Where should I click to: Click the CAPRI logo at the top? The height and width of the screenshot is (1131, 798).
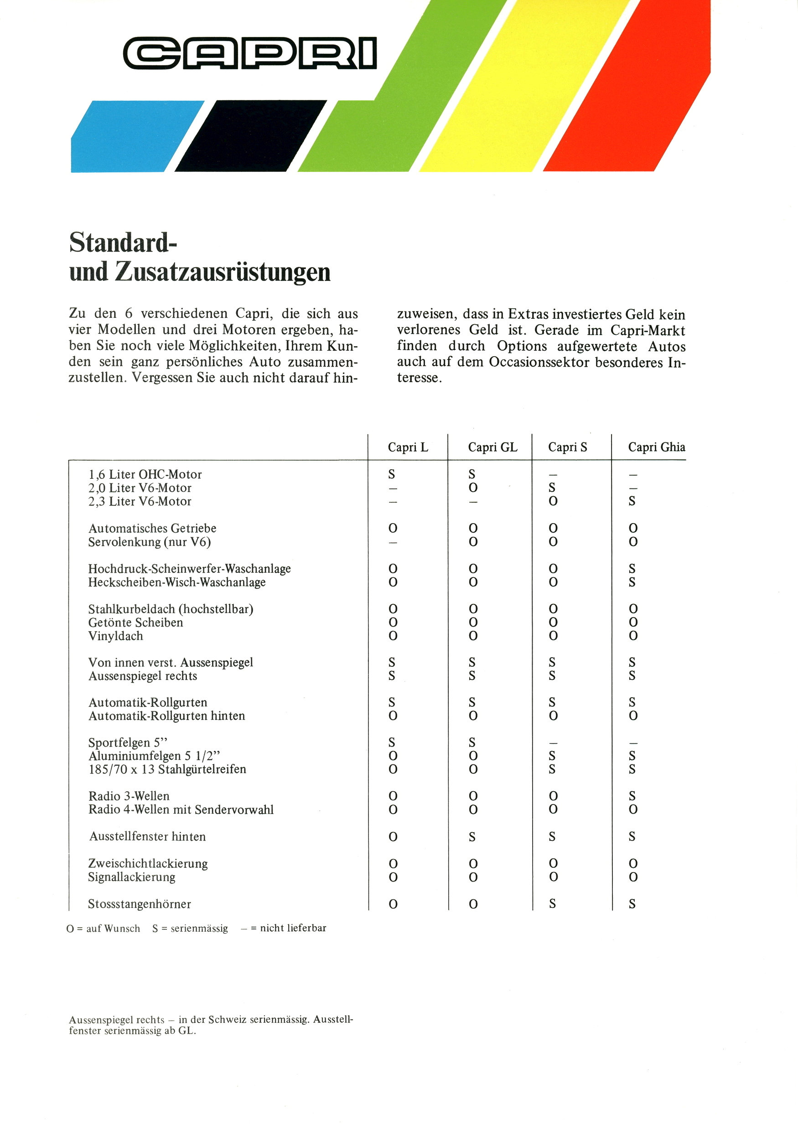point(250,53)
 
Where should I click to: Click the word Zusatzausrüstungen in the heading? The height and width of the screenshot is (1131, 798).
point(222,272)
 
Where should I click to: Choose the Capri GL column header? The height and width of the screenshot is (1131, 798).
point(492,447)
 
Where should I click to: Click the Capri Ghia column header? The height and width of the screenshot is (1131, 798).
point(656,447)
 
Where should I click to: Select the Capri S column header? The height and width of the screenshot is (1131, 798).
point(567,447)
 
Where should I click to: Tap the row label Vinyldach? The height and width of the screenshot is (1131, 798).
point(116,636)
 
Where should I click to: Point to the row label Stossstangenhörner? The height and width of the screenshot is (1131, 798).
point(140,904)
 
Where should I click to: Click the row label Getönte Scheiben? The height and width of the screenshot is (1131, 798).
point(135,623)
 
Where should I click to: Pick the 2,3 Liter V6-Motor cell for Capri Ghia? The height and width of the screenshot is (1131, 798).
point(632,502)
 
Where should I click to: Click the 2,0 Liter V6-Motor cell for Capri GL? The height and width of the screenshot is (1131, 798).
point(473,488)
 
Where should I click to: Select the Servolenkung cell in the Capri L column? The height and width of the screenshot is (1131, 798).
point(393,542)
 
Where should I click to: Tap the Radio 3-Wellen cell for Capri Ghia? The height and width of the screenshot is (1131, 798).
point(632,796)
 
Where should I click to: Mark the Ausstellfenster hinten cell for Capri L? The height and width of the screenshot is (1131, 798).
point(393,836)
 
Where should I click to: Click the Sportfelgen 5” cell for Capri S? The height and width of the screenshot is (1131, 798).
point(553,743)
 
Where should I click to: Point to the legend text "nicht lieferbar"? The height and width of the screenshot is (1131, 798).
point(293,928)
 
